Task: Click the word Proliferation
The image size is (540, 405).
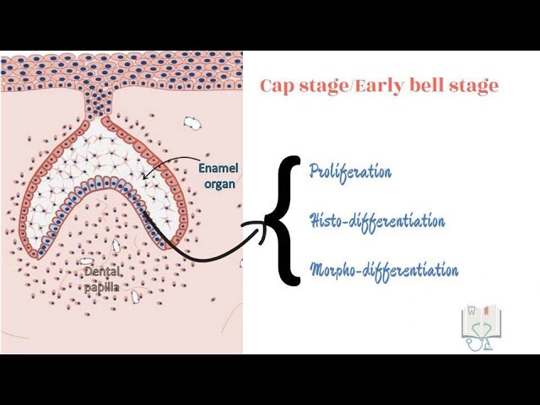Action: [350, 172]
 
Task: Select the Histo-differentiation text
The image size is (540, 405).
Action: [376, 221]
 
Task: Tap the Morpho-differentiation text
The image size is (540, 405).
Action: [384, 271]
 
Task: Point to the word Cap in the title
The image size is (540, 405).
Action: [275, 86]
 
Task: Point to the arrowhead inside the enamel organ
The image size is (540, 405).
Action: [146, 176]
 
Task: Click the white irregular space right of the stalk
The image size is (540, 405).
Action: [192, 123]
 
